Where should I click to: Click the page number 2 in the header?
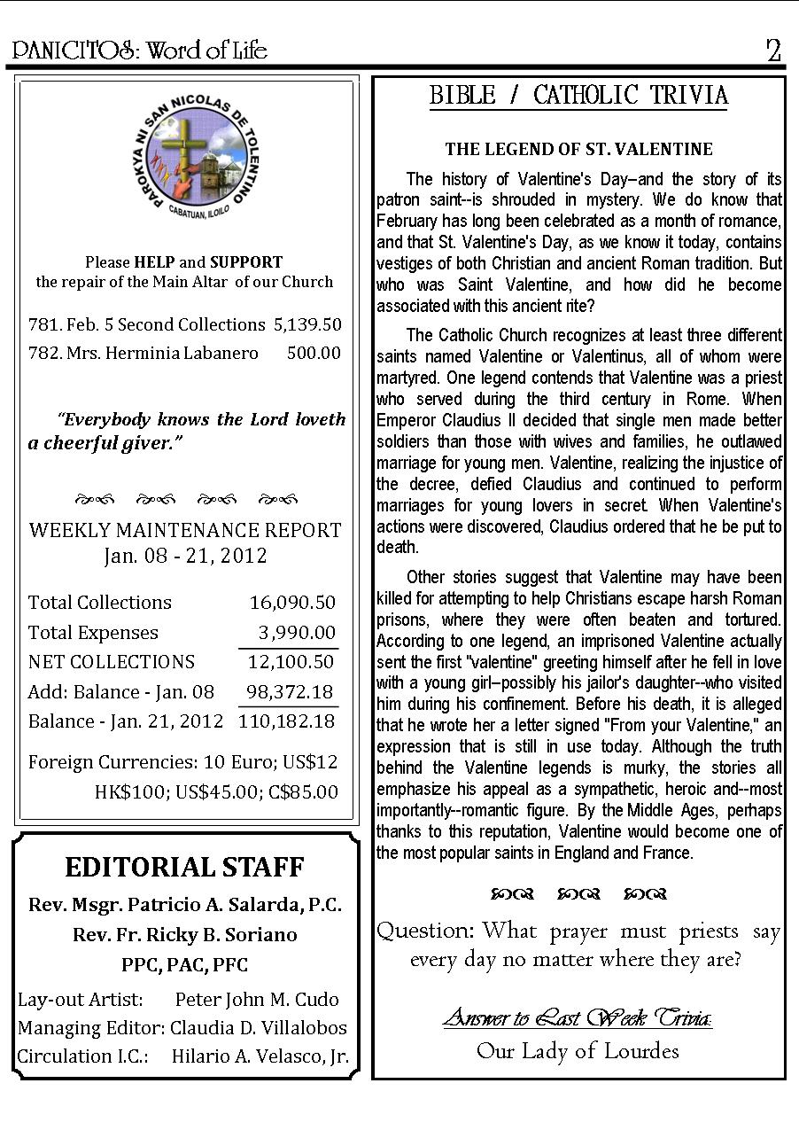point(774,51)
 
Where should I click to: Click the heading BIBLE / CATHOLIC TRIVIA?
point(578,96)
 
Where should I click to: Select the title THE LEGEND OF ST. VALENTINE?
point(578,149)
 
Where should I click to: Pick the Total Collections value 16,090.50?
point(292,603)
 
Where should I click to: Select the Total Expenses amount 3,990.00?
point(297,633)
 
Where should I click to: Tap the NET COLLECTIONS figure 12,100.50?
point(291,662)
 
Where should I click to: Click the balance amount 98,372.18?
point(291,691)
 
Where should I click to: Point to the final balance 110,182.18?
point(287,721)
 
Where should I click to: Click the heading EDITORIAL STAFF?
point(184,867)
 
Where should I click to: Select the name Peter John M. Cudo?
point(257,1000)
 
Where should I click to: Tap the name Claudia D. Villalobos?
point(259,1028)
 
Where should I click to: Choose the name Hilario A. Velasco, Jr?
point(260,1056)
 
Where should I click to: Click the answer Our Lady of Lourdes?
point(578,1051)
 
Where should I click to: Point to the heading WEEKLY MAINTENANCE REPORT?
point(185,531)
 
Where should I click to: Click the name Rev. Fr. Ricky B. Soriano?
point(185,935)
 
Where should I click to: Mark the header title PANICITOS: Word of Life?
point(140,51)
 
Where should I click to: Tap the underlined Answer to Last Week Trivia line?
point(578,1018)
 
